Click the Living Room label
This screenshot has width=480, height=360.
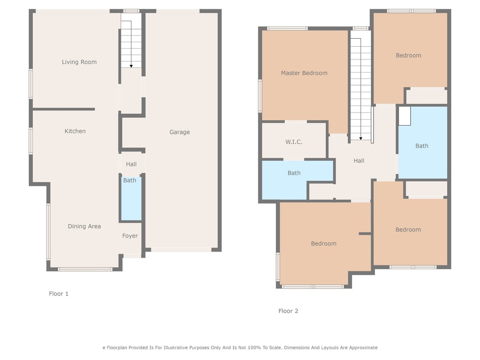tap(79, 62)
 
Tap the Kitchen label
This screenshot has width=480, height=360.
tap(75, 131)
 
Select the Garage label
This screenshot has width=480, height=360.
tap(179, 132)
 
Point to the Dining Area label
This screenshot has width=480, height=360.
tap(84, 226)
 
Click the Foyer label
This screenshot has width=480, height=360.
tap(130, 236)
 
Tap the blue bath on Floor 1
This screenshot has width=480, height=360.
tap(131, 198)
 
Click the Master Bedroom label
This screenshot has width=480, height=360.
tap(304, 73)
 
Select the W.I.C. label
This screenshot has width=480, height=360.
tap(294, 142)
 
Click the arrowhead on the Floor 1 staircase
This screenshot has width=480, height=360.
tap(131, 66)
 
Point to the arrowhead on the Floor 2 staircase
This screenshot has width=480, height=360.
tap(361, 139)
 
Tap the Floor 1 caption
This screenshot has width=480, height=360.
tap(58, 293)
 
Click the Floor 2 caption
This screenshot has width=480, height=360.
tap(288, 310)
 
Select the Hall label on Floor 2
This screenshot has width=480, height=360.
tap(359, 161)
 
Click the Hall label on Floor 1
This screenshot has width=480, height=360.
tap(131, 164)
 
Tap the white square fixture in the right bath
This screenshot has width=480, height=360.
tap(404, 116)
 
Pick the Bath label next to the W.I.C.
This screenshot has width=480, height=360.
tap(294, 173)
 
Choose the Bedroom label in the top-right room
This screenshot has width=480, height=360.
tap(408, 55)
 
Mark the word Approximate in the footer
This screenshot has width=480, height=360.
tap(363, 348)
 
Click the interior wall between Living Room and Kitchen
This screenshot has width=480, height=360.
tap(64, 109)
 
